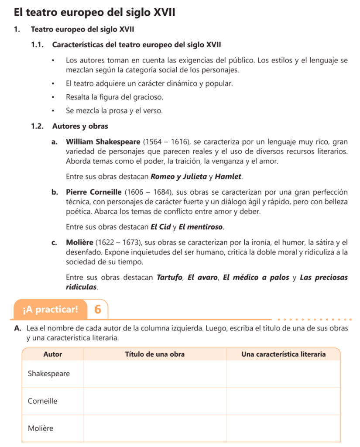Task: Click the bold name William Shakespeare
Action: tap(103, 142)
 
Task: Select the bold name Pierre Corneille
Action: tap(94, 192)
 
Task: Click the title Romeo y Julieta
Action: tap(178, 177)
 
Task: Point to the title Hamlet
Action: tap(228, 177)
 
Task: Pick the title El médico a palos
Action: tap(256, 278)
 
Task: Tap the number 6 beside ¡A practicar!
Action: tap(97, 309)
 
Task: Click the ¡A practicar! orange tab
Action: tap(51, 309)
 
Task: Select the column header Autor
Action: tap(53, 354)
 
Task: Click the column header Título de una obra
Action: tap(154, 354)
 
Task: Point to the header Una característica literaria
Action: tap(283, 354)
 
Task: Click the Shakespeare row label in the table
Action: tap(48, 374)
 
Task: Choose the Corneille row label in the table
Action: tap(42, 401)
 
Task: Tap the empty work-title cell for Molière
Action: tap(154, 428)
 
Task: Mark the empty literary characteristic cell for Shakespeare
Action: tap(283, 374)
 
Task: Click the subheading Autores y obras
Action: tap(80, 126)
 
